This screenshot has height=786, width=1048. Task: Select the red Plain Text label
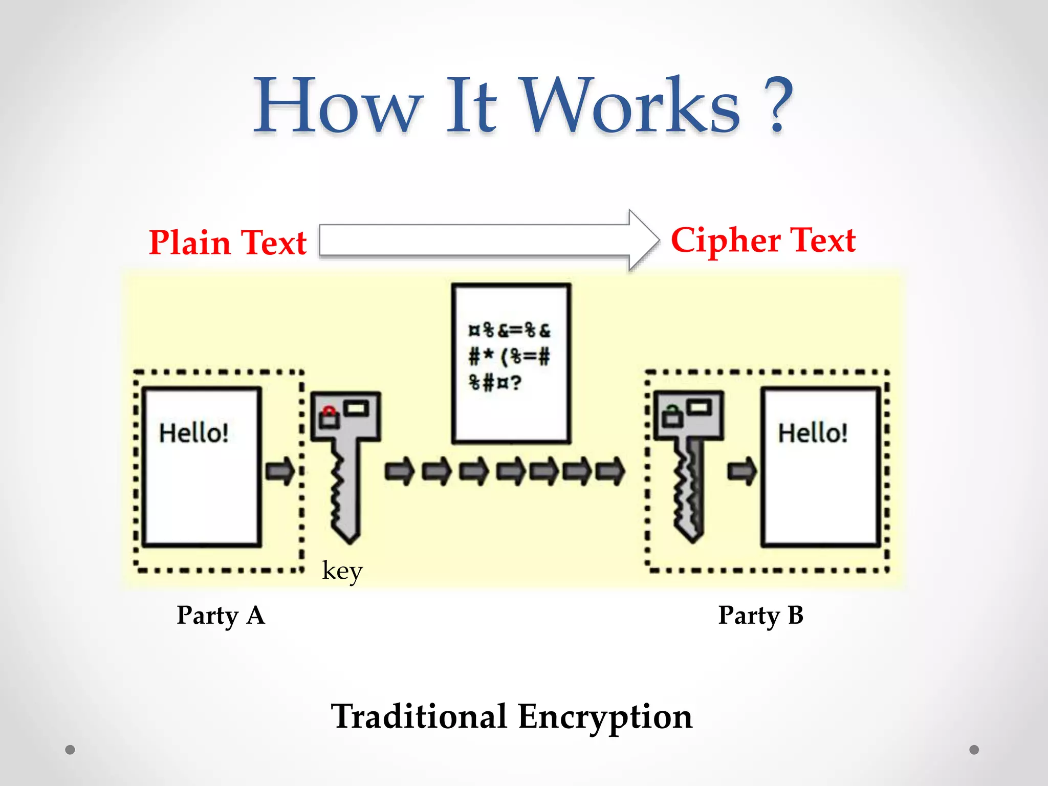(x=227, y=243)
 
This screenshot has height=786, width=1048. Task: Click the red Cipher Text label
(x=763, y=241)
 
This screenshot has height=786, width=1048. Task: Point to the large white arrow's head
(x=643, y=240)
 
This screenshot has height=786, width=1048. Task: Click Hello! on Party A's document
(x=193, y=433)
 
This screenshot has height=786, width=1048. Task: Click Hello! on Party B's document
(x=812, y=433)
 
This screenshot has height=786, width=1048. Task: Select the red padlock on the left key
(x=329, y=418)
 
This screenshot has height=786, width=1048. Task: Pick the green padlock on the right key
(x=672, y=415)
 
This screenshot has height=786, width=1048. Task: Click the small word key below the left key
(x=342, y=571)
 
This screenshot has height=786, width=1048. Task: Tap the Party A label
(x=221, y=616)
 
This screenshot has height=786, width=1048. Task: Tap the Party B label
(x=760, y=616)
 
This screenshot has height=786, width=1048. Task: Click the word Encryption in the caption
(x=605, y=716)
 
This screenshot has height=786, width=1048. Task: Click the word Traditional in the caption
(x=419, y=716)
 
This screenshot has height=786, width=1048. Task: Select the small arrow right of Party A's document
(x=280, y=471)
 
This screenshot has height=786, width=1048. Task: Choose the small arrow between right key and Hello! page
(x=741, y=471)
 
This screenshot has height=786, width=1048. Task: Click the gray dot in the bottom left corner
(x=70, y=750)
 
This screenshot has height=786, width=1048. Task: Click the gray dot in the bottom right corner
(x=974, y=750)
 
